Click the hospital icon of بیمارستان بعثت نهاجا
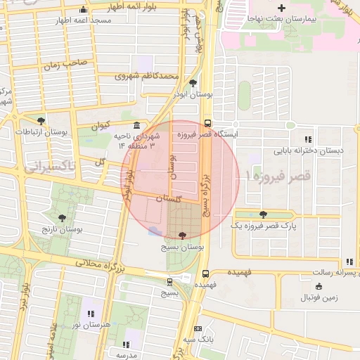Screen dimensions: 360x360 coord(281,7)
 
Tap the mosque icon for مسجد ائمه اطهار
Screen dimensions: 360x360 coord(84,10)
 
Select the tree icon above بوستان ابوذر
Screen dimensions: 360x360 coord(193,83)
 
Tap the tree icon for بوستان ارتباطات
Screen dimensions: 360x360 coord(41,121)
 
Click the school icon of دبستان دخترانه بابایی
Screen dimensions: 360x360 coord(308,139)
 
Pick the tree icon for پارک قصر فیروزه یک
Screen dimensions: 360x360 coord(263,214)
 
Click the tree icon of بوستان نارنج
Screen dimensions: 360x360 coord(63,218)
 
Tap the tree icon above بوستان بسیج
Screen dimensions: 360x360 coord(184,236)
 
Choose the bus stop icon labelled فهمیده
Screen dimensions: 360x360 coord(205,274)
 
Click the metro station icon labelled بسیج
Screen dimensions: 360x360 coord(169,281)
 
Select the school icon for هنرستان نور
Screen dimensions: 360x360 coord(90,313)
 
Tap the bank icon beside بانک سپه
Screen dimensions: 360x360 coord(198,328)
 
